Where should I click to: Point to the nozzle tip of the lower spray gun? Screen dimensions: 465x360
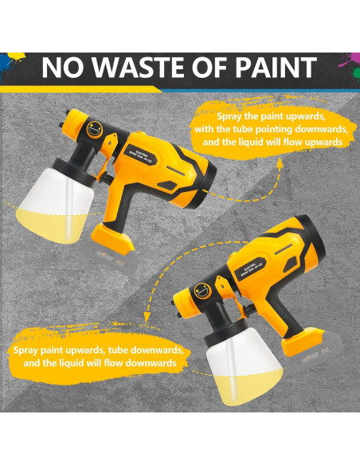176,299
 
